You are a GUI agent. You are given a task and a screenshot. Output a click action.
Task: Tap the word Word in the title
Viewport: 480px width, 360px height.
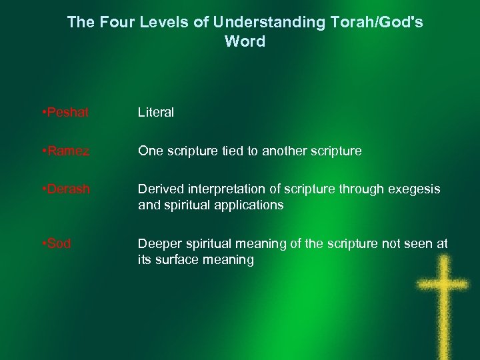click(x=245, y=41)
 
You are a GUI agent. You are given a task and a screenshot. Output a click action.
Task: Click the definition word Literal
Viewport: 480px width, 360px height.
click(x=156, y=113)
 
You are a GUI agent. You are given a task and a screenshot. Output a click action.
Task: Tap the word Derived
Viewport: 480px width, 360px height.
click(x=159, y=189)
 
